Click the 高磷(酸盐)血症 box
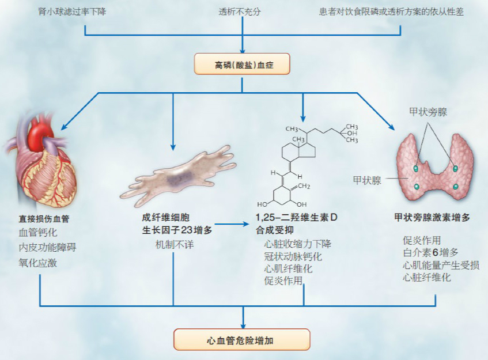click(242, 64)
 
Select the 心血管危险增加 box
click(242, 339)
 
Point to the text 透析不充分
click(242, 12)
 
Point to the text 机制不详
click(172, 244)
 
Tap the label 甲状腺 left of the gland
click(368, 180)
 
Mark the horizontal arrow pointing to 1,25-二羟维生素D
click(233, 224)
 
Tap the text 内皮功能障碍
click(47, 248)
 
